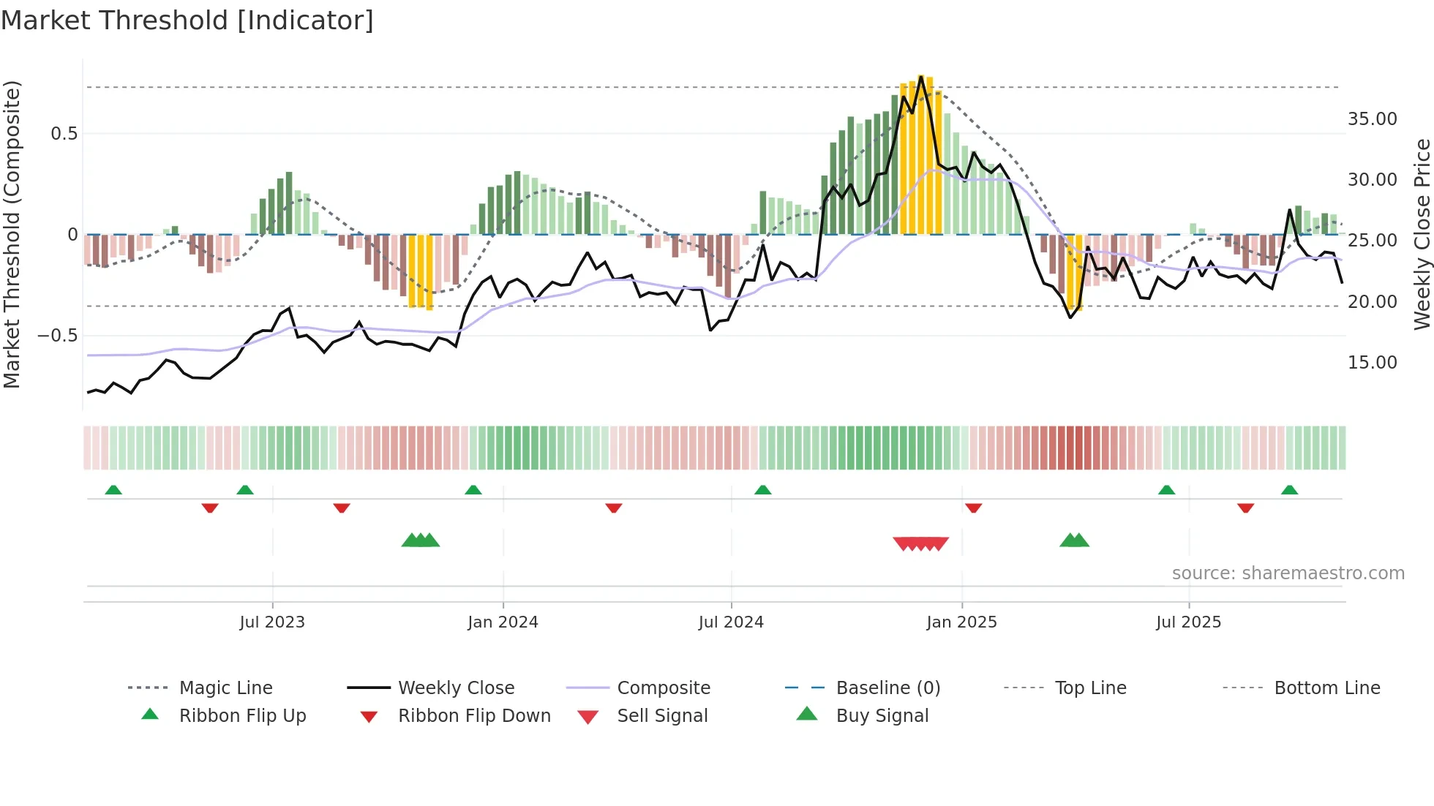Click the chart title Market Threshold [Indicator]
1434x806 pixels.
pos(187,20)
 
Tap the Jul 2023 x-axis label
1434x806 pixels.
pos(271,622)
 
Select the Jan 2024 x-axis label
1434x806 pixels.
pos(503,622)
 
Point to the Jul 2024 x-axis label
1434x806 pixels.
pos(731,622)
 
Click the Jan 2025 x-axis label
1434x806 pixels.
pos(961,622)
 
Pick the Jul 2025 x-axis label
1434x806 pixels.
pos(1188,622)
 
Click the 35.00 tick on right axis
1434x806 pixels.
pos(1372,119)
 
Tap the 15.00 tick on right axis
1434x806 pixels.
pos(1372,363)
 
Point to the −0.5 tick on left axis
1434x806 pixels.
pos(57,336)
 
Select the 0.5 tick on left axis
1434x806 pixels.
pos(64,134)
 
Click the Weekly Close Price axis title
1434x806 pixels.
pos(1422,234)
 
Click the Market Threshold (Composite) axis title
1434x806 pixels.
pos(12,234)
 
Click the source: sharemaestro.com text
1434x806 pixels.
pos(1288,573)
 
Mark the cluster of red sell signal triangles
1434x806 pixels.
pos(920,543)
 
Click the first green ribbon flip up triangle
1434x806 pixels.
pos(113,490)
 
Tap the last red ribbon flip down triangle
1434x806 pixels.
pos(1245,508)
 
